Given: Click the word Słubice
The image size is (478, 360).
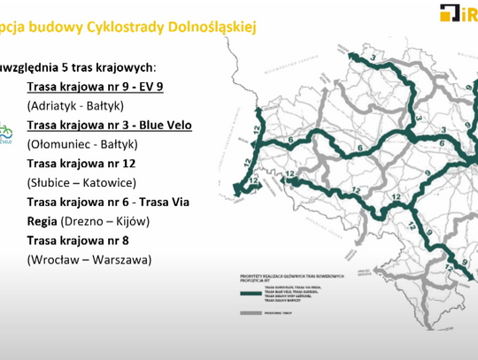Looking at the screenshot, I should click(x=54, y=182).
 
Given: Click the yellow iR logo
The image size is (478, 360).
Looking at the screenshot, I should click(x=457, y=11).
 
